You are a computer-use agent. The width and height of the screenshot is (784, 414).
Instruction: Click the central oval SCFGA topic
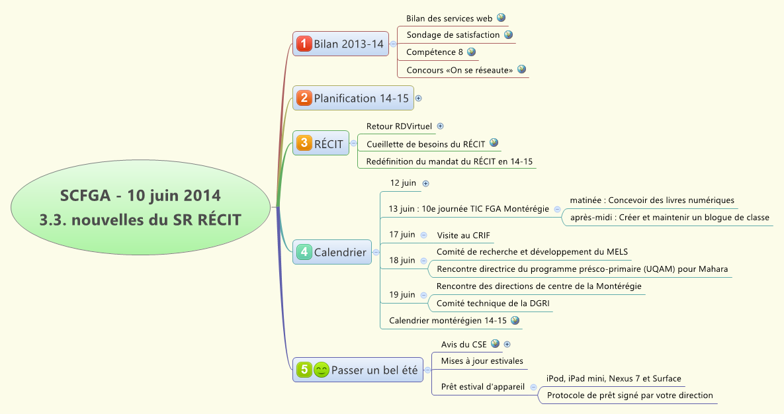(140, 208)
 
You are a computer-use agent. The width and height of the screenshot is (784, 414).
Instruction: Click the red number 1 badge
(304, 44)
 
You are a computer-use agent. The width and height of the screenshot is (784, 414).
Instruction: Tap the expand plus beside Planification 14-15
(418, 99)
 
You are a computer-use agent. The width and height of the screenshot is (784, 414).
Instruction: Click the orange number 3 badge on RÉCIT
(304, 143)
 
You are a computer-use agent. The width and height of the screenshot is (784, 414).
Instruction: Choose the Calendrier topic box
(332, 252)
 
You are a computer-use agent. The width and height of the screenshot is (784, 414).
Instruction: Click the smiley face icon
(322, 370)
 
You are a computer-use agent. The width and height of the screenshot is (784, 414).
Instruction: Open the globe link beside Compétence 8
(471, 52)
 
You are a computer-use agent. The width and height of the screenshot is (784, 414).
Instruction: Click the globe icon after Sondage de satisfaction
(508, 34)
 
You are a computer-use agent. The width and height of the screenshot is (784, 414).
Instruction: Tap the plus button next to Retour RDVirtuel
(441, 126)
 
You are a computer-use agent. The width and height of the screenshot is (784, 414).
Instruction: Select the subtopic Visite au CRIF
(463, 235)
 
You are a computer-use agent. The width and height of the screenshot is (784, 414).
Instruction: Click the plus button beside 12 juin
(425, 183)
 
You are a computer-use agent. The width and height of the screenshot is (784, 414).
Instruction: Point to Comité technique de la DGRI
(493, 304)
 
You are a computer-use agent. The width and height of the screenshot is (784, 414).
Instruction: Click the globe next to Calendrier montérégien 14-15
(515, 320)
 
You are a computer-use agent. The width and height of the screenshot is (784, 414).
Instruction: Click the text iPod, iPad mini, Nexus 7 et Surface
(614, 378)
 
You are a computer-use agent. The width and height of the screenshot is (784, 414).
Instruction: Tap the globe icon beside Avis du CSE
(495, 344)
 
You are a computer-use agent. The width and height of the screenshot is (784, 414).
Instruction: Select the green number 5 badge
(304, 370)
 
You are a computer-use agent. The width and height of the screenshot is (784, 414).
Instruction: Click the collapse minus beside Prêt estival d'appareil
(533, 388)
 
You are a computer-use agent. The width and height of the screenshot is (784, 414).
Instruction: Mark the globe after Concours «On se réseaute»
(521, 69)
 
